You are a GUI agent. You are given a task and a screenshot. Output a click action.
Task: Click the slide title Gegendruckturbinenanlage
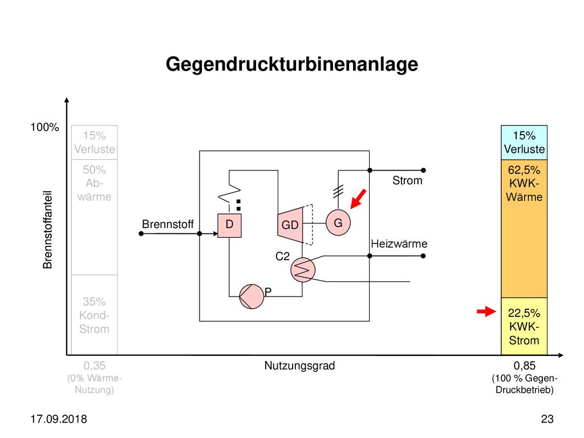292,64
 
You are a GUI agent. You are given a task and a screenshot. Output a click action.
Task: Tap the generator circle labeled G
338,223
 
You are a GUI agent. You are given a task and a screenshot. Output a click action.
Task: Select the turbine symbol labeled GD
290,225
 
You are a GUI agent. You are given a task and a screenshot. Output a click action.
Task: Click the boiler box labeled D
229,225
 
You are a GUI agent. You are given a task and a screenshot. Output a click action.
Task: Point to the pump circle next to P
252,297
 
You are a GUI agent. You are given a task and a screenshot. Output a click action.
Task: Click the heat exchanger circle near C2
303,270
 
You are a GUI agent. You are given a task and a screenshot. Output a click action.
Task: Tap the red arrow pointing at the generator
358,199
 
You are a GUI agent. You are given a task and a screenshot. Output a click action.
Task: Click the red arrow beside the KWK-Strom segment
486,311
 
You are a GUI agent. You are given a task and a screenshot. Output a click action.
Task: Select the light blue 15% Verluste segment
524,143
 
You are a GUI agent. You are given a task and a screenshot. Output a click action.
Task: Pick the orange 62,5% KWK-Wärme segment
524,229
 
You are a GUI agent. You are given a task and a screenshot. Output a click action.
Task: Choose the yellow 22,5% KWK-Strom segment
524,326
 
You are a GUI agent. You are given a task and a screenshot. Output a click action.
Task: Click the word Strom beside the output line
407,181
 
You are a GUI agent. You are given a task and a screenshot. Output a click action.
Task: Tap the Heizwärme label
399,244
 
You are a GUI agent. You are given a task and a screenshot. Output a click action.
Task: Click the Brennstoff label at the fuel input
168,224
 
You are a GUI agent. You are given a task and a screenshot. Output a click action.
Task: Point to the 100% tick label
44,127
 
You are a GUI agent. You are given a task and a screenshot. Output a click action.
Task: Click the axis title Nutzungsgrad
299,366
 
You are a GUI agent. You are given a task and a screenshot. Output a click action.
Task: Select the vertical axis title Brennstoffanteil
47,230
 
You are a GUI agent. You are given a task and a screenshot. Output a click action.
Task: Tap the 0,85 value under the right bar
525,366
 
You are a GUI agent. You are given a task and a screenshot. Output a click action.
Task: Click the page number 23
547,419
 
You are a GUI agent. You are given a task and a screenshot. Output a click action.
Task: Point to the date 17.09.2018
59,419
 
